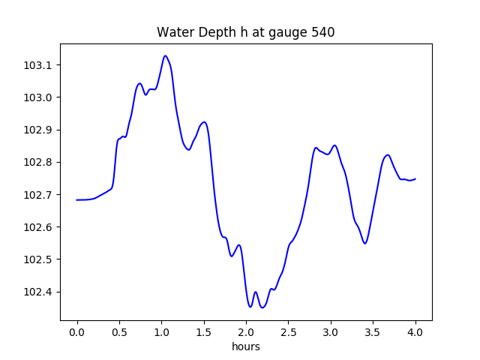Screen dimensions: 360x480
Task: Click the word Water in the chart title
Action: pos(173,32)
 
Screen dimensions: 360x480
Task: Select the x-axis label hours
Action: pos(246,346)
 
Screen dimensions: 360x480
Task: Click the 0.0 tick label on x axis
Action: pos(77,331)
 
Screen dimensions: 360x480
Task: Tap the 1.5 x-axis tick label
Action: pos(204,331)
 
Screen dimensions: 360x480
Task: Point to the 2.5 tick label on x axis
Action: pos(288,331)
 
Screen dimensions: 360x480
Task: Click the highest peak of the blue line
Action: pos(165,55)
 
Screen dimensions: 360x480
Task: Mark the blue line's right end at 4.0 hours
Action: pos(415,178)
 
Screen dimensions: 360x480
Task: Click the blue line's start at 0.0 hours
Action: pos(77,199)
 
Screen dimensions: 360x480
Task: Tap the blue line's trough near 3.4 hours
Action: pos(364,243)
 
